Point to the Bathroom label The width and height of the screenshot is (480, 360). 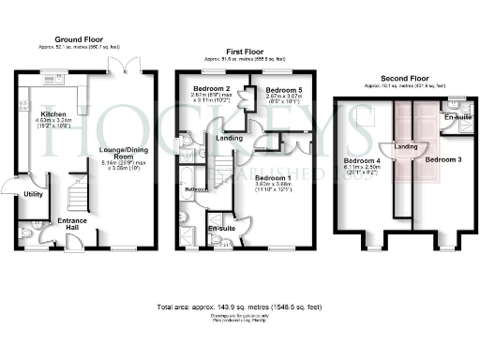tap(196, 188)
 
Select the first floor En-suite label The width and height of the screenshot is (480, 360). tap(221, 228)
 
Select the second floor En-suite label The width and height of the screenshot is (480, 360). tap(455, 117)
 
